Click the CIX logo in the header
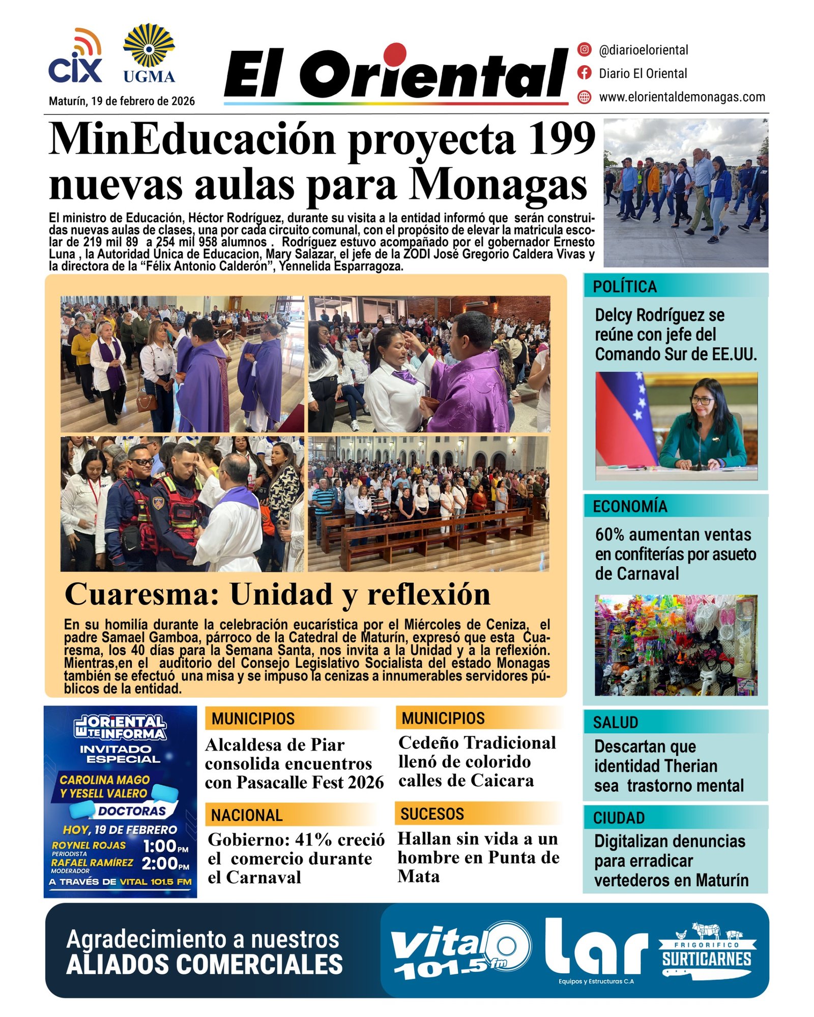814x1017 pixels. coord(75,57)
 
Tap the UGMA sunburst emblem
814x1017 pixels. coord(149,46)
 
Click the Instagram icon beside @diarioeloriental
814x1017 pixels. coord(585,50)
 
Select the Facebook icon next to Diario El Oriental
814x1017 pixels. coord(585,73)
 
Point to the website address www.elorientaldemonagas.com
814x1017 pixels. coord(682,97)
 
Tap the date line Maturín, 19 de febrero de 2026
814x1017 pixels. coord(122,101)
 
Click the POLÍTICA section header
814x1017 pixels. coord(624,287)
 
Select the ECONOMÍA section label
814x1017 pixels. coord(629,506)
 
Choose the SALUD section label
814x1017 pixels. coord(615,723)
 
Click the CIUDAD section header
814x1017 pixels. coord(619,818)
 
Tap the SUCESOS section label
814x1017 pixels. coord(432,814)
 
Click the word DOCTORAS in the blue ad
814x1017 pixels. coord(132,811)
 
